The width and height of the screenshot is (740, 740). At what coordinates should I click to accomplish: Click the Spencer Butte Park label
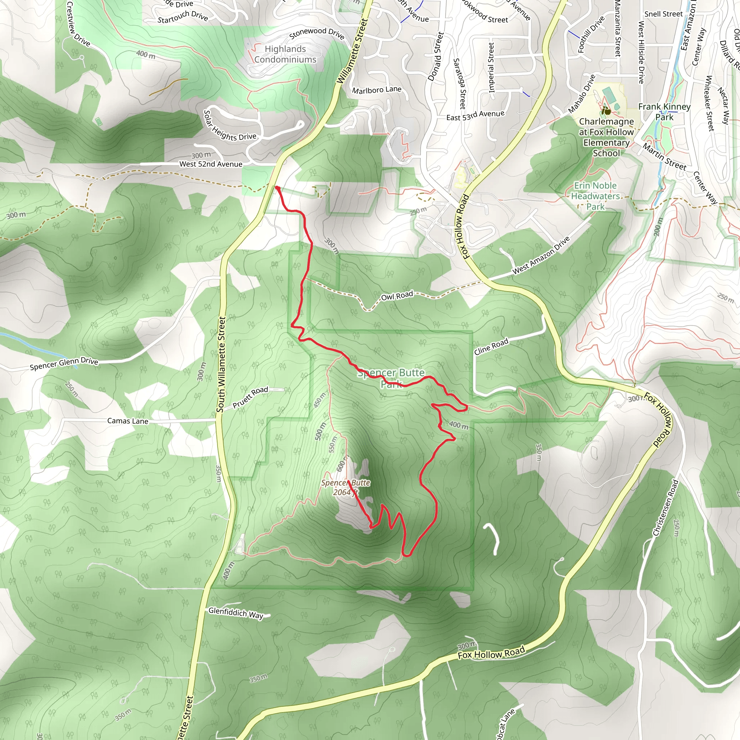pyautogui.click(x=391, y=378)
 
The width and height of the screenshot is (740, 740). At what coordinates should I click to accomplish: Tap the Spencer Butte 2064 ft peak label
pyautogui.click(x=345, y=487)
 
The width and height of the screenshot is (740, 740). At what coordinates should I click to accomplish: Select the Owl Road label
pyautogui.click(x=397, y=295)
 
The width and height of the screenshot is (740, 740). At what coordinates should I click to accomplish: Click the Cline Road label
pyautogui.click(x=491, y=346)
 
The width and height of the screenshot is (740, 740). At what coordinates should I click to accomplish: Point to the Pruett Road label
pyautogui.click(x=250, y=397)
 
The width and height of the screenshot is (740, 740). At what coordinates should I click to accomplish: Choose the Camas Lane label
pyautogui.click(x=128, y=421)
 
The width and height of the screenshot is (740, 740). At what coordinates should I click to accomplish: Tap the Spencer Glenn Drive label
pyautogui.click(x=64, y=363)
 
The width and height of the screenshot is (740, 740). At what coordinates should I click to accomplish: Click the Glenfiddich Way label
pyautogui.click(x=236, y=613)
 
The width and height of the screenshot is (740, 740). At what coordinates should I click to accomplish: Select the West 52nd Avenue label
pyautogui.click(x=211, y=164)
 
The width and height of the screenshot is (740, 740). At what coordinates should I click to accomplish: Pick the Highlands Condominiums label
pyautogui.click(x=285, y=54)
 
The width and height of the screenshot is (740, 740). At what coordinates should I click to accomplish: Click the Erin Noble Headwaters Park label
pyautogui.click(x=595, y=196)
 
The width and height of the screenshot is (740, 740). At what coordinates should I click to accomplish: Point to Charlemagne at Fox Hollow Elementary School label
pyautogui.click(x=606, y=137)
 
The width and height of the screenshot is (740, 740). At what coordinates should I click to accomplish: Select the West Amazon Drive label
pyautogui.click(x=541, y=255)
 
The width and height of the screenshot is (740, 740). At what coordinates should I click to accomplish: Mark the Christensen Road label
pyautogui.click(x=666, y=508)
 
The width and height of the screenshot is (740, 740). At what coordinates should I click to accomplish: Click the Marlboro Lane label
pyautogui.click(x=377, y=90)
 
